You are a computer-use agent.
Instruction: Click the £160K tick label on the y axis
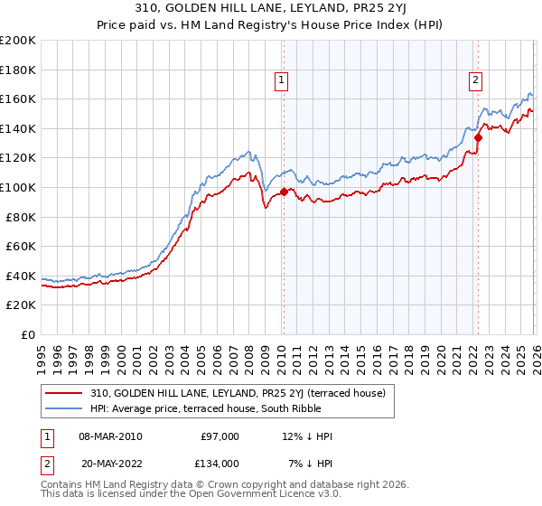[x=18, y=98]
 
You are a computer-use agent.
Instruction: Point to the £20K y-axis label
[x=21, y=305]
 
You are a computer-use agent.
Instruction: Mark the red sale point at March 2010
[x=284, y=192]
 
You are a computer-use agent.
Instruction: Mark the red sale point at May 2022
[x=478, y=137]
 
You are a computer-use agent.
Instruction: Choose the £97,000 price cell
[x=220, y=436]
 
